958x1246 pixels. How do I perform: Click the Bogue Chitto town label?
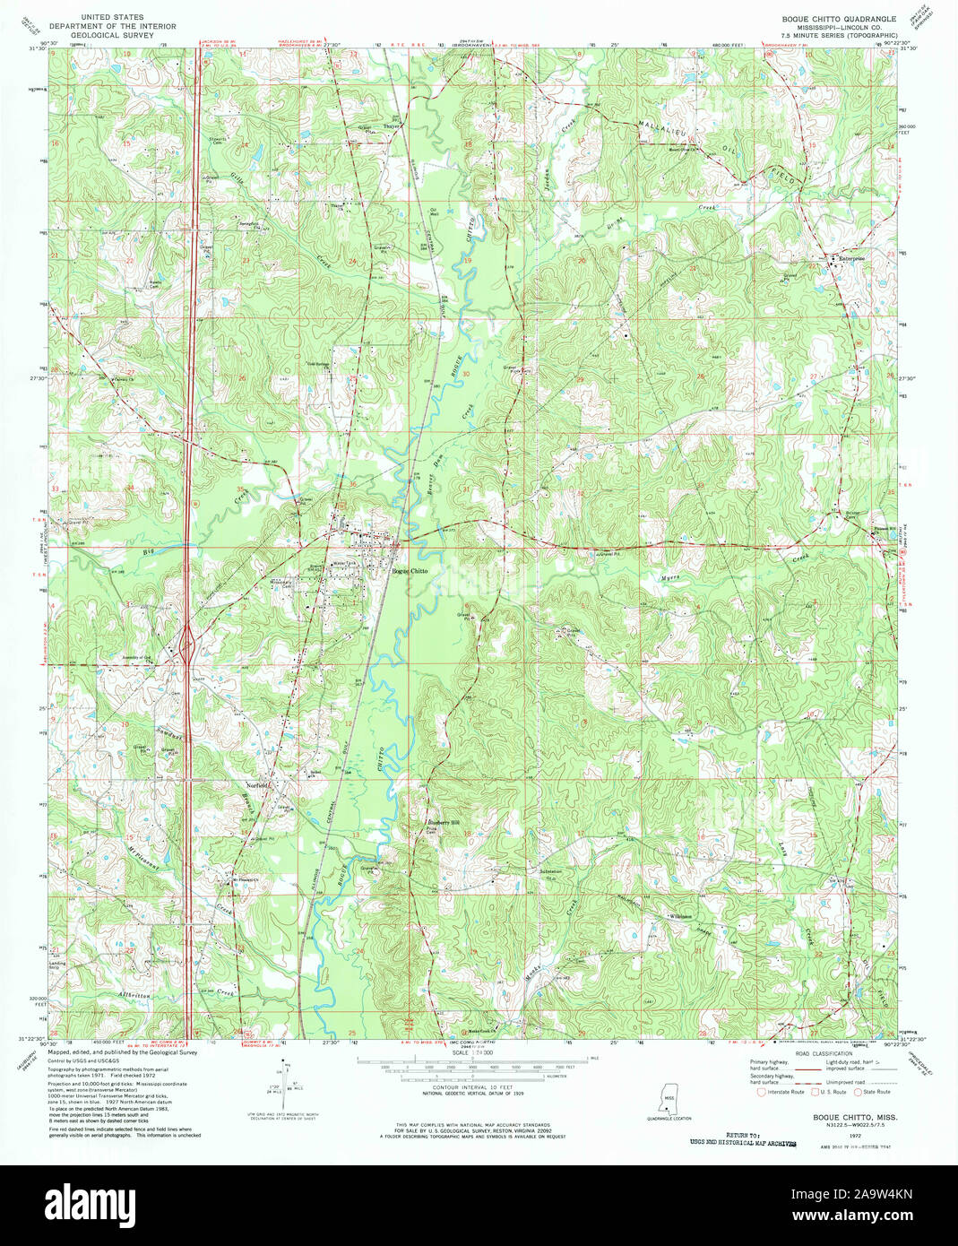pyautogui.click(x=410, y=571)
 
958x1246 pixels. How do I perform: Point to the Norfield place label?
pyautogui.click(x=258, y=785)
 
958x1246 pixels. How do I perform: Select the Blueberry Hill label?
pyautogui.click(x=441, y=823)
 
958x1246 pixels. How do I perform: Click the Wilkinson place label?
pyautogui.click(x=682, y=916)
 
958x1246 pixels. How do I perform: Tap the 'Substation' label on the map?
pyautogui.click(x=548, y=870)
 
